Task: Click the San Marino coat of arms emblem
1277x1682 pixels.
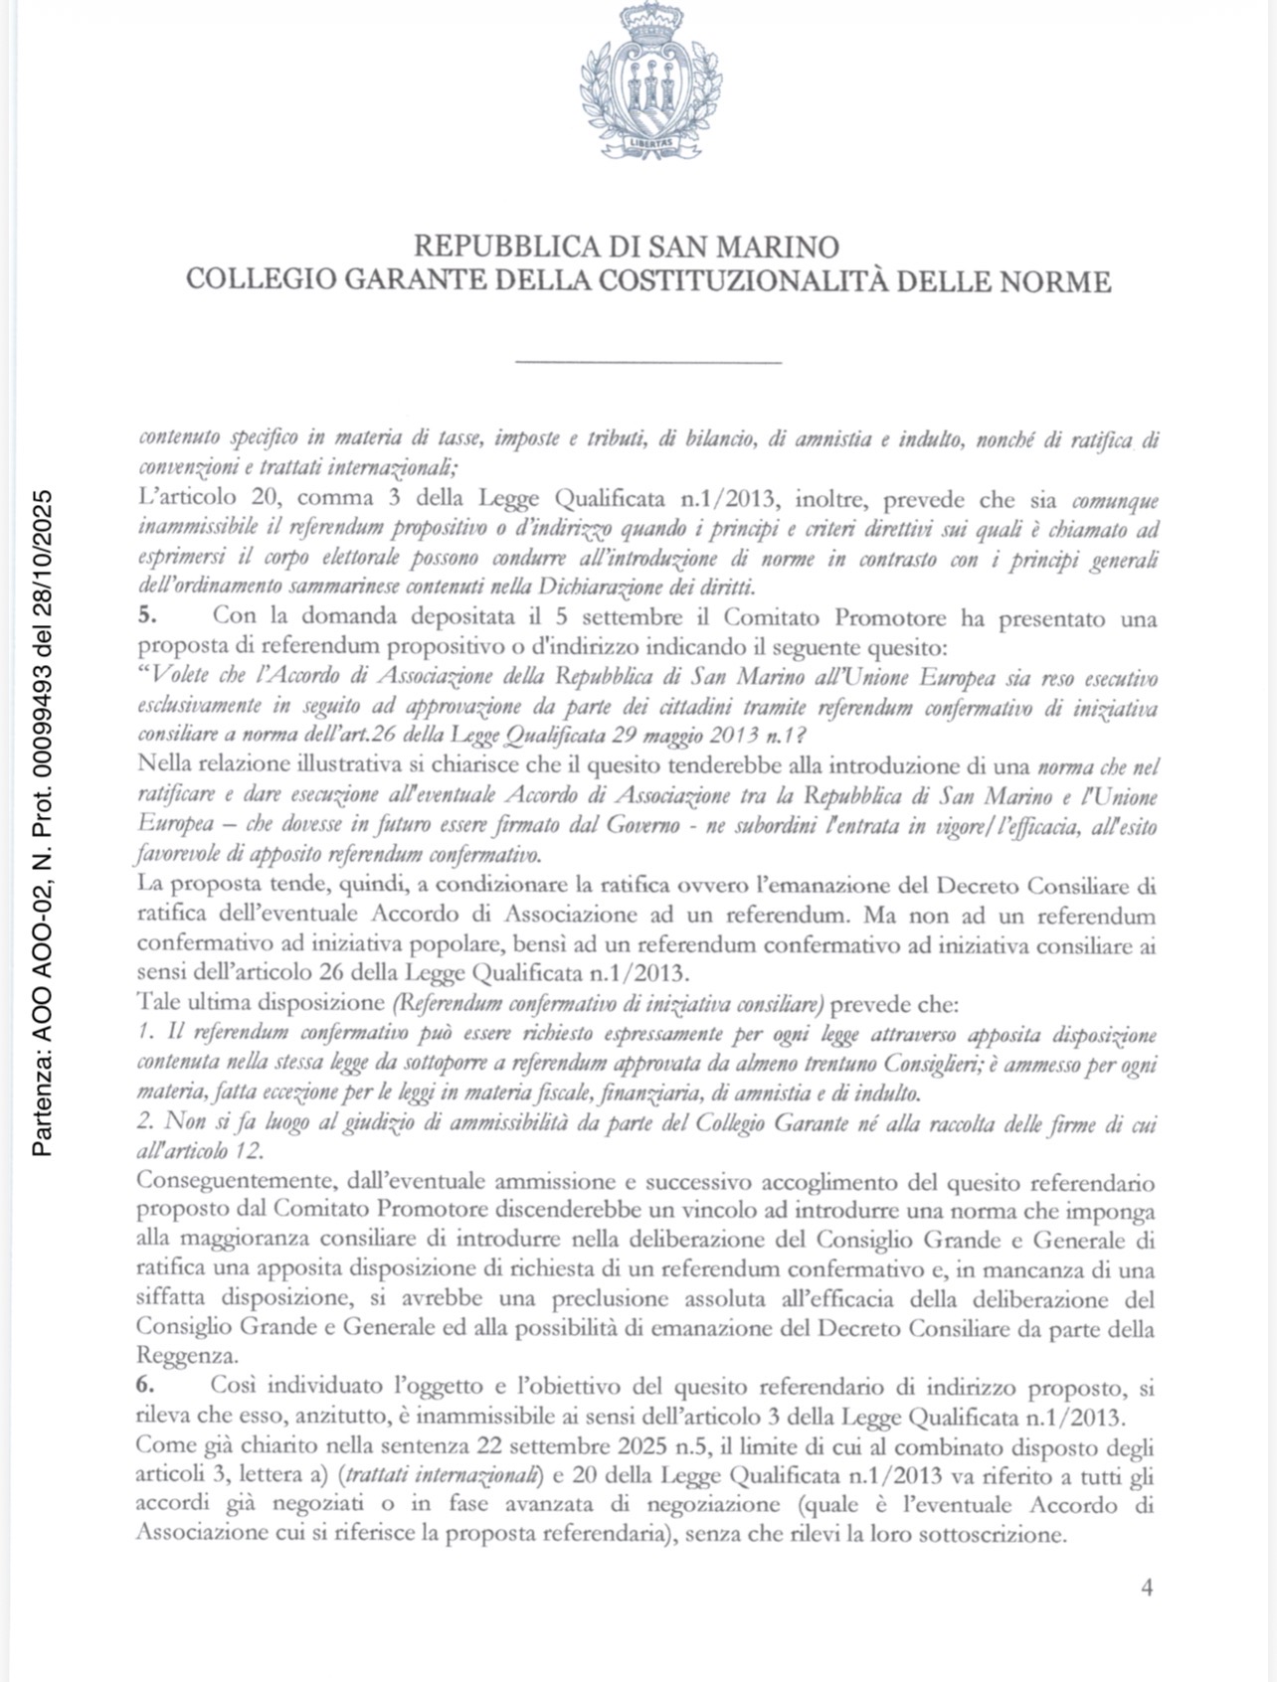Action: click(x=650, y=84)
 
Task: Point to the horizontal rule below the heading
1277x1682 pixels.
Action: click(x=647, y=362)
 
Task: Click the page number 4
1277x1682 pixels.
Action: click(x=1147, y=1588)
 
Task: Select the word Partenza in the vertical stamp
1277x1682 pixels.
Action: click(x=43, y=1103)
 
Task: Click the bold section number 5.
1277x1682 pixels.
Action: click(x=145, y=618)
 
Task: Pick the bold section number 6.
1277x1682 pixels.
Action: click(x=145, y=1387)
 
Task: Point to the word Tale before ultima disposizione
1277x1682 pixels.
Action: click(x=158, y=1004)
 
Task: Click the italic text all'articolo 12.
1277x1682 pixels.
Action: click(x=200, y=1152)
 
